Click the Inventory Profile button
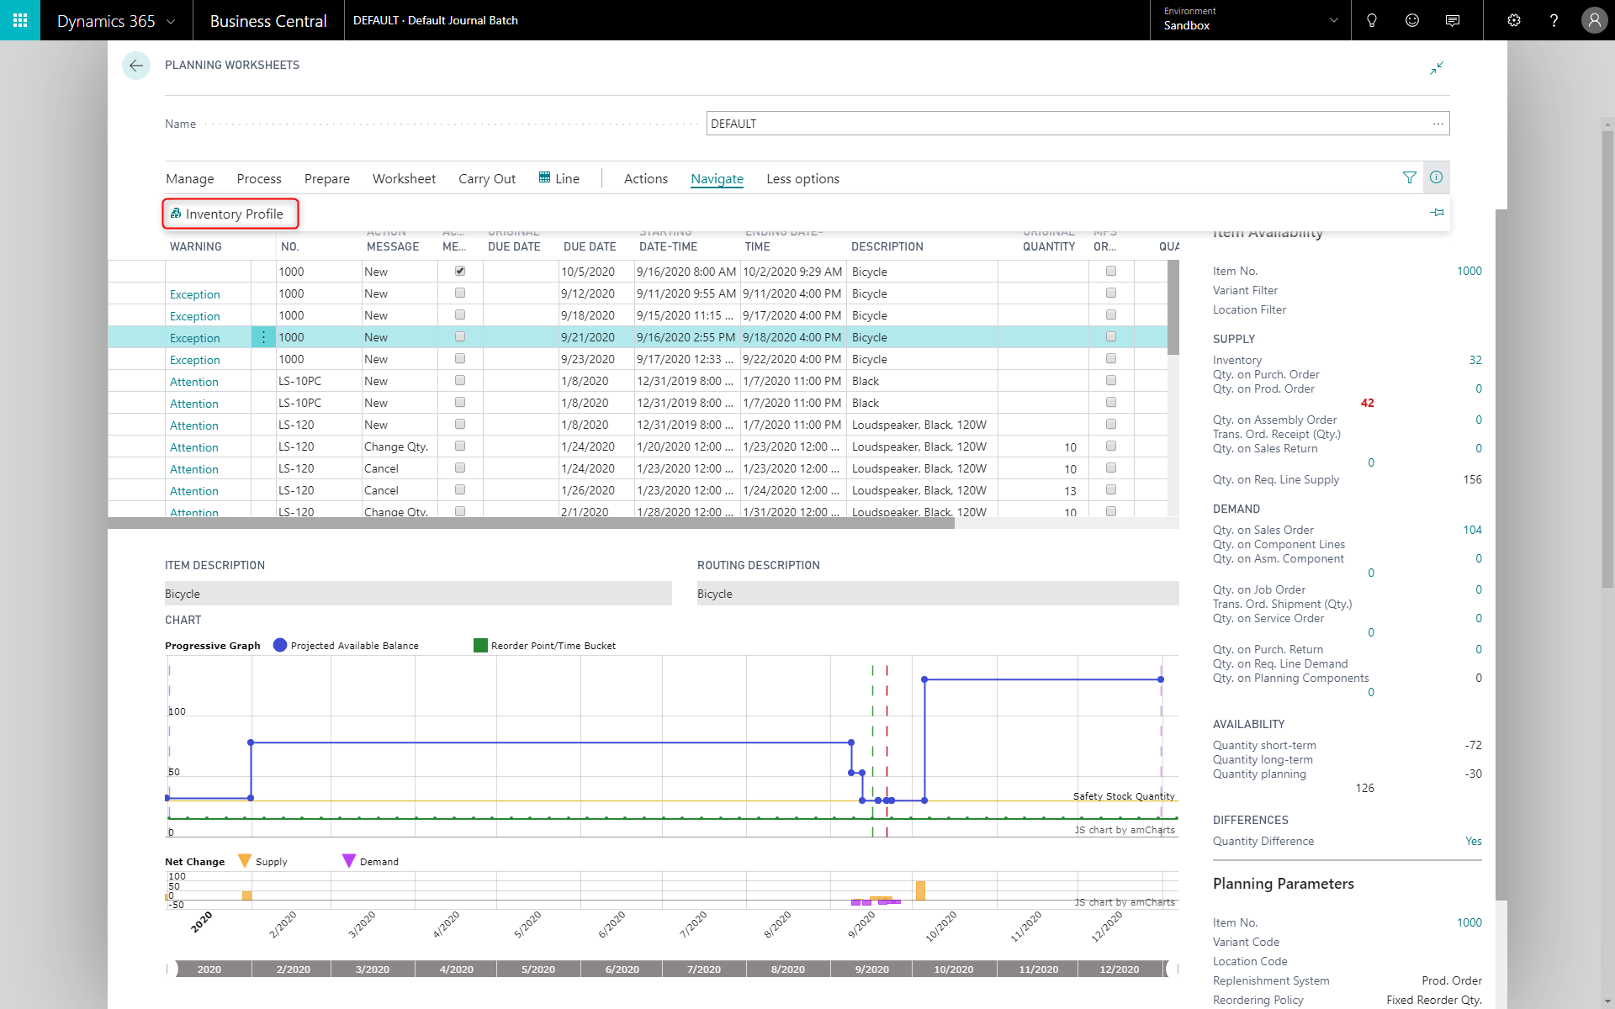pyautogui.click(x=230, y=214)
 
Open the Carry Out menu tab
pyautogui.click(x=486, y=179)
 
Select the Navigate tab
pyautogui.click(x=717, y=179)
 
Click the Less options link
pyautogui.click(x=802, y=179)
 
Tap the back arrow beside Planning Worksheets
pyautogui.click(x=136, y=66)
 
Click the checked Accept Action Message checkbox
pyautogui.click(x=460, y=272)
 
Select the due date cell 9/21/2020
pyautogui.click(x=588, y=337)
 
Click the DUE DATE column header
pyautogui.click(x=590, y=246)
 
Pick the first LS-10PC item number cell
pyautogui.click(x=300, y=381)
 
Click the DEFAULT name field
pyautogui.click(x=1068, y=124)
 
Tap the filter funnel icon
pyautogui.click(x=1410, y=177)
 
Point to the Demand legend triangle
pyautogui.click(x=349, y=861)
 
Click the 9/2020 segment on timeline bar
pyautogui.click(x=871, y=969)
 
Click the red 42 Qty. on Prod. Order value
pyautogui.click(x=1367, y=403)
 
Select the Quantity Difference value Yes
pyautogui.click(x=1473, y=841)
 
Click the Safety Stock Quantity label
pyautogui.click(x=1123, y=796)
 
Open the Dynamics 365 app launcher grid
pyautogui.click(x=20, y=20)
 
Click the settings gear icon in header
pyautogui.click(x=1513, y=20)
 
